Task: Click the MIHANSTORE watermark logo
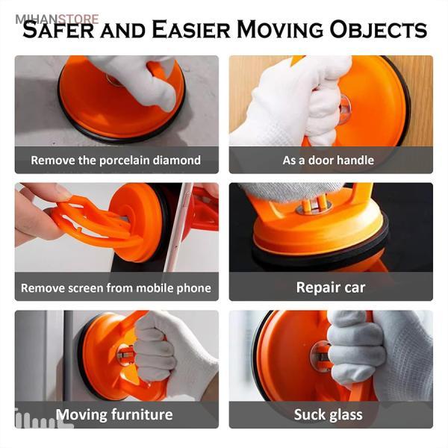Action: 57,19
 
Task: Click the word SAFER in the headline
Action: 58,29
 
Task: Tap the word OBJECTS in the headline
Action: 379,30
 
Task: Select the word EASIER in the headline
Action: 191,29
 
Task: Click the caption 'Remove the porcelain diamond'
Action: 116,161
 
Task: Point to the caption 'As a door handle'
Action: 329,161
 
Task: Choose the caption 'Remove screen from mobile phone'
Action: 116,288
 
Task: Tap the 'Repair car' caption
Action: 331,287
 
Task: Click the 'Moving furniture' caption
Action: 114,414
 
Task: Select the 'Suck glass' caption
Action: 329,414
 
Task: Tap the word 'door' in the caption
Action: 321,160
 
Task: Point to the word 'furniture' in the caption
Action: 142,414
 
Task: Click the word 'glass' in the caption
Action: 346,414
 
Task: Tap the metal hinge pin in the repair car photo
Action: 314,204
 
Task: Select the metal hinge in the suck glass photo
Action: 321,355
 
